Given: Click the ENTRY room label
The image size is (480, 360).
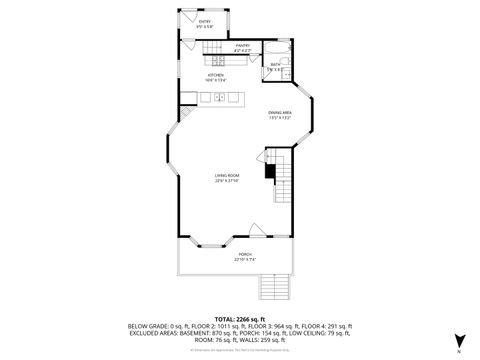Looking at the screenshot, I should (x=205, y=21).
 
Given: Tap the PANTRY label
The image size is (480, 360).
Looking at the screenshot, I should (x=242, y=45).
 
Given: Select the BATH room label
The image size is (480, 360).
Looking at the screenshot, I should (x=275, y=64).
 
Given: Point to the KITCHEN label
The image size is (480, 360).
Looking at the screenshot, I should (x=214, y=75).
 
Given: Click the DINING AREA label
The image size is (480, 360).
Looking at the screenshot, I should (x=279, y=112).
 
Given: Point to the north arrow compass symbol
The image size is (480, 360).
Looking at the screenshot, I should (x=458, y=341).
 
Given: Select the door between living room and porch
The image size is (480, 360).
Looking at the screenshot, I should (x=255, y=230).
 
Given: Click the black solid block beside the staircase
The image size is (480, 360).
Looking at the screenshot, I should (x=269, y=171).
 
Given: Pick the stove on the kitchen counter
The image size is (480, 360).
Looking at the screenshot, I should (x=213, y=50).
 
